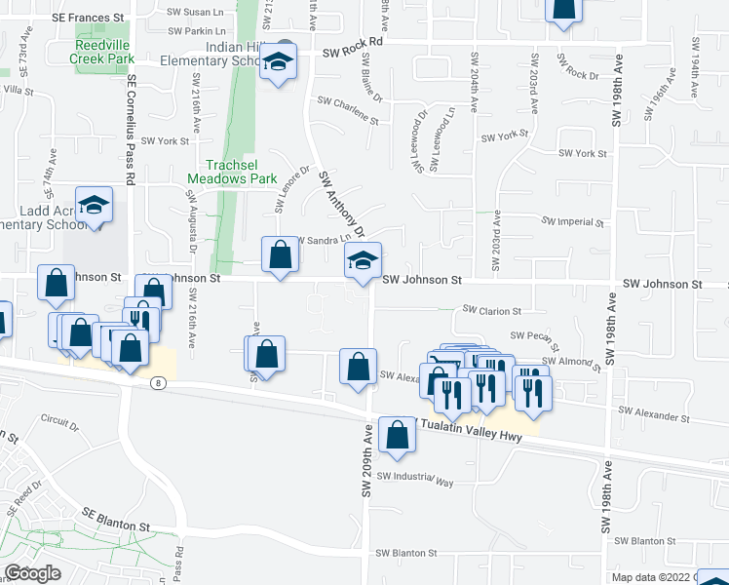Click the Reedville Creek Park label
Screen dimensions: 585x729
point(101,52)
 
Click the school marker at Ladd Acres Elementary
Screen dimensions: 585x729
point(94,206)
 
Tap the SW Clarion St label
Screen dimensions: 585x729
point(492,310)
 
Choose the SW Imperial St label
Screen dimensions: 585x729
point(573,222)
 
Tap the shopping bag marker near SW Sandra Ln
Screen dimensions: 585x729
point(280,255)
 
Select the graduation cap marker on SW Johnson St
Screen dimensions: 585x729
point(363,261)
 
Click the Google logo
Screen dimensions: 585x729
point(33,573)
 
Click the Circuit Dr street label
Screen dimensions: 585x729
point(59,423)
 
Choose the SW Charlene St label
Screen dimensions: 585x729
point(348,109)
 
